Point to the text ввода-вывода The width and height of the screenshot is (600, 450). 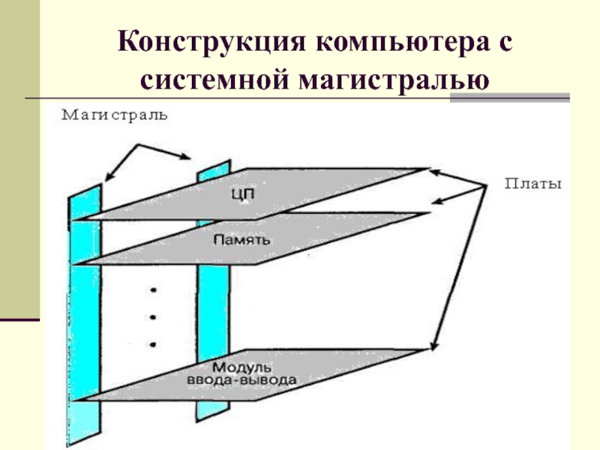click(241, 382)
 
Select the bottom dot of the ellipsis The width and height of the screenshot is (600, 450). click(153, 343)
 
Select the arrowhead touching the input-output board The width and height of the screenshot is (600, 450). click(431, 346)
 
